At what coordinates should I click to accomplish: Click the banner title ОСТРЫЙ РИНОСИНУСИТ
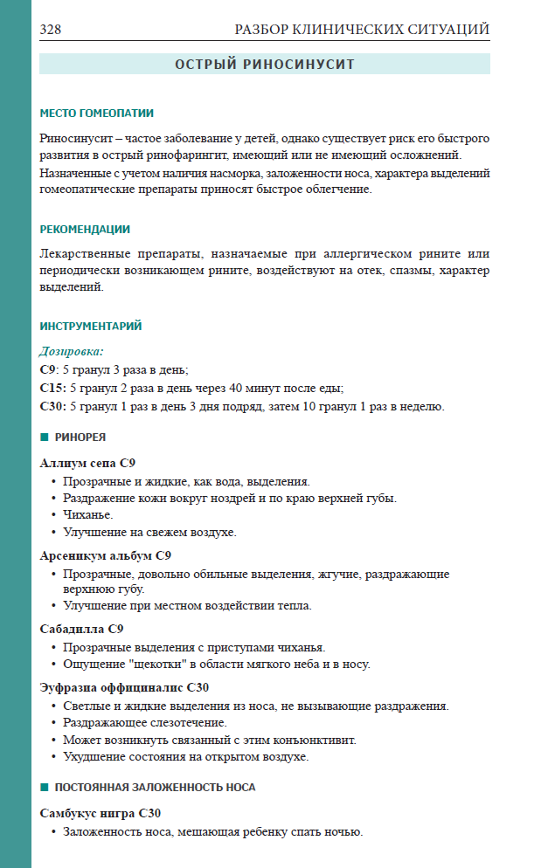point(264,65)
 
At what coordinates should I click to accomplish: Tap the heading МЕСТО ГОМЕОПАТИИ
point(96,113)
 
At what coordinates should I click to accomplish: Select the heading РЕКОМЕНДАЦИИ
point(85,230)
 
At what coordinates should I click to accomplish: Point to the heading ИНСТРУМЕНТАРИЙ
point(91,327)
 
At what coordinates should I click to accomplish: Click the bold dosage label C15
point(53,388)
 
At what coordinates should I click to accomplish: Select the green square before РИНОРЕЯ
point(44,437)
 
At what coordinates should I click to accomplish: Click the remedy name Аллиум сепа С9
point(87,462)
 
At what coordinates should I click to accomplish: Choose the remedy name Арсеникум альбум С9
point(106,555)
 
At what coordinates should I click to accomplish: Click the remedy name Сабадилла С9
point(82,628)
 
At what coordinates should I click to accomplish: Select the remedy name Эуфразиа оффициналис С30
point(124,687)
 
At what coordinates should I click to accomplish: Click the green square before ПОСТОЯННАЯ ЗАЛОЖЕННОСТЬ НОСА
point(44,787)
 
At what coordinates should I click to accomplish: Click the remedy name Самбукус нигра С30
point(101,812)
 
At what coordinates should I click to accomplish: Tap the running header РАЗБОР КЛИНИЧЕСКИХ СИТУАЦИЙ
point(362,30)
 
